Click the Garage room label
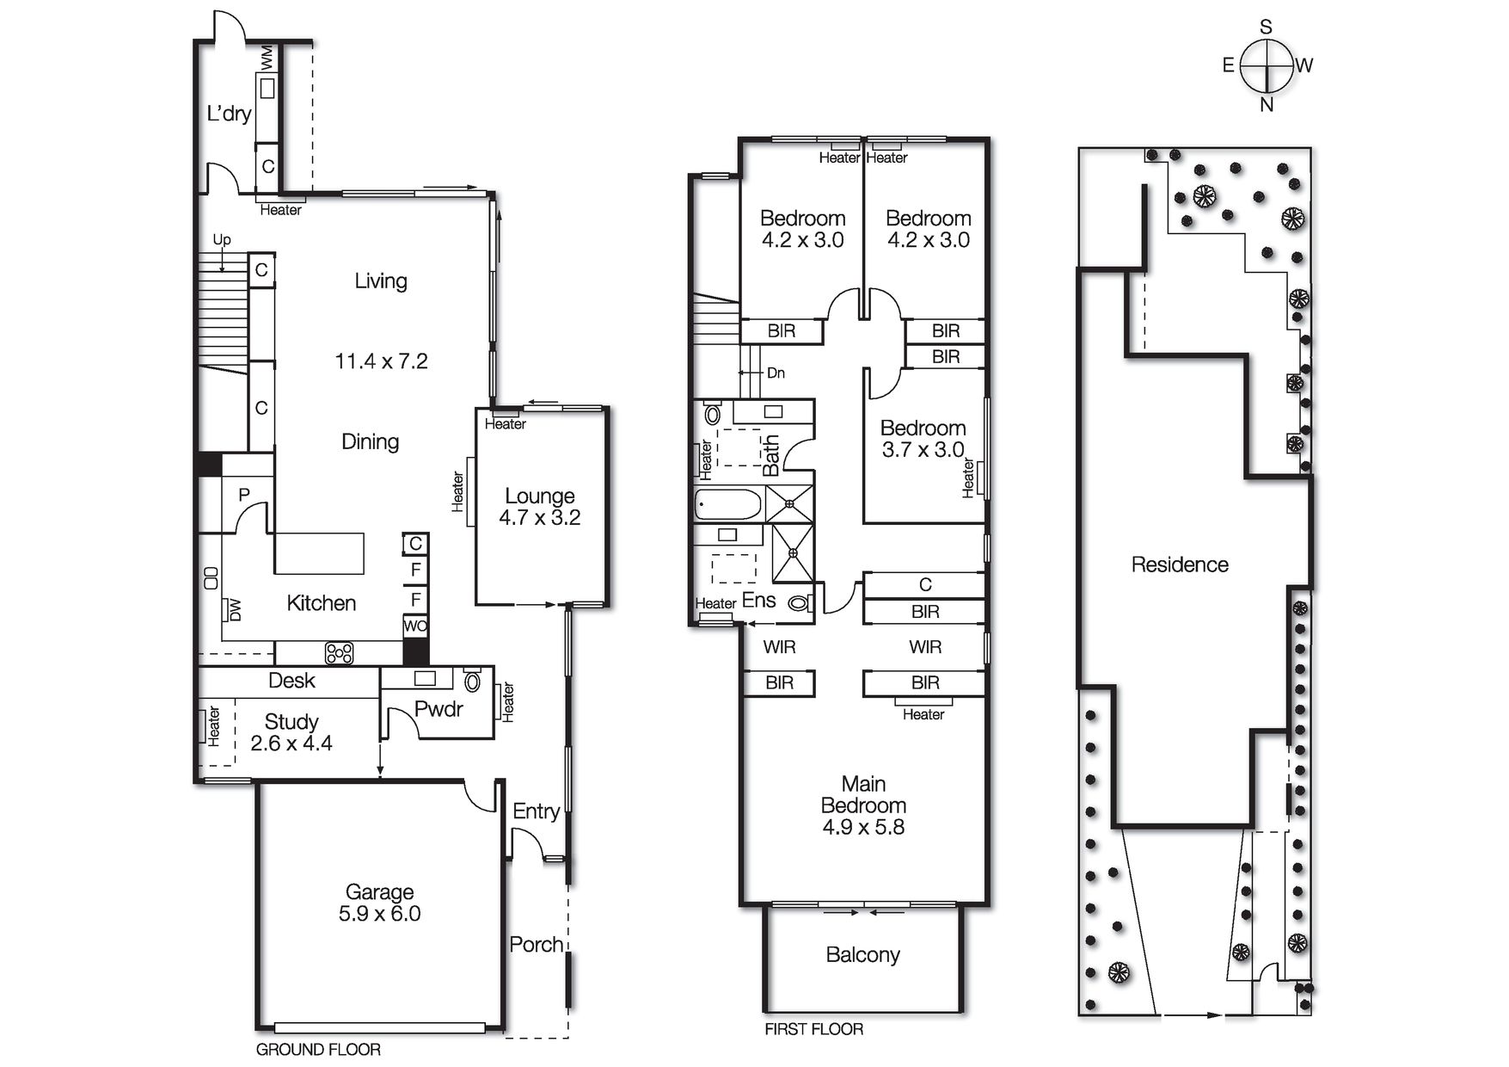(x=379, y=892)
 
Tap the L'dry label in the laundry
(x=229, y=114)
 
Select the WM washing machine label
(x=267, y=59)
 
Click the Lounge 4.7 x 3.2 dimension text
(x=540, y=518)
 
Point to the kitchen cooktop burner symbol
(x=339, y=653)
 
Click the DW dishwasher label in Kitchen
(x=234, y=610)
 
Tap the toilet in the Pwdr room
(x=472, y=682)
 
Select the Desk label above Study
(x=291, y=681)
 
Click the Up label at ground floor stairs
(x=222, y=240)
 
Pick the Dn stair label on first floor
(x=776, y=373)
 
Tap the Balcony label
(x=862, y=955)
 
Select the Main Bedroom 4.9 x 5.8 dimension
(x=863, y=828)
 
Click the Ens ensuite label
(x=758, y=601)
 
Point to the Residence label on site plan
(x=1180, y=565)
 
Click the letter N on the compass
(x=1267, y=105)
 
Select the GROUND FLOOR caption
(x=318, y=1050)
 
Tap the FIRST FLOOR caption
(x=813, y=1029)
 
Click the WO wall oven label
(x=415, y=626)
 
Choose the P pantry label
(x=244, y=495)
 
